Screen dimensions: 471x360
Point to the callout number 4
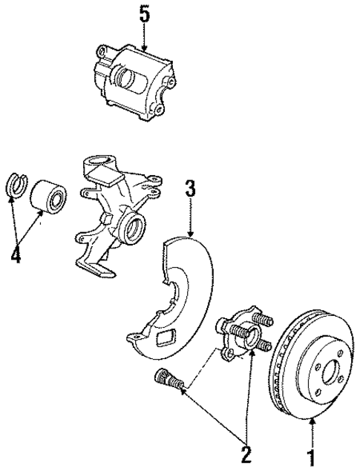coord(16,257)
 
